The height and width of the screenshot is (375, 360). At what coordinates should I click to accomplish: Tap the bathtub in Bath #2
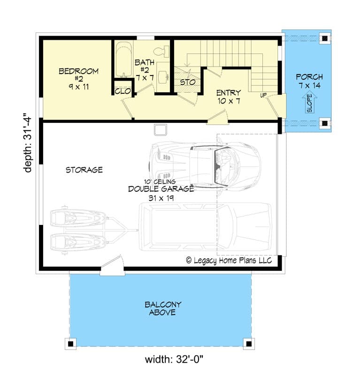tap(124, 60)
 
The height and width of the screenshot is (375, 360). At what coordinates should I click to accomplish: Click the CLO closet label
tap(122, 91)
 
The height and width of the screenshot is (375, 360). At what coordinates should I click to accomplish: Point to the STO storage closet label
tap(187, 82)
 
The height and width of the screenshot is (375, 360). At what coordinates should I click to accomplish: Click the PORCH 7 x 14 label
tap(309, 81)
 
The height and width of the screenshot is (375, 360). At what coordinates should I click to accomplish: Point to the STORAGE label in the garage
tap(84, 170)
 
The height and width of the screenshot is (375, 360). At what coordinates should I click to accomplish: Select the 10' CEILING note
tap(160, 181)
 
